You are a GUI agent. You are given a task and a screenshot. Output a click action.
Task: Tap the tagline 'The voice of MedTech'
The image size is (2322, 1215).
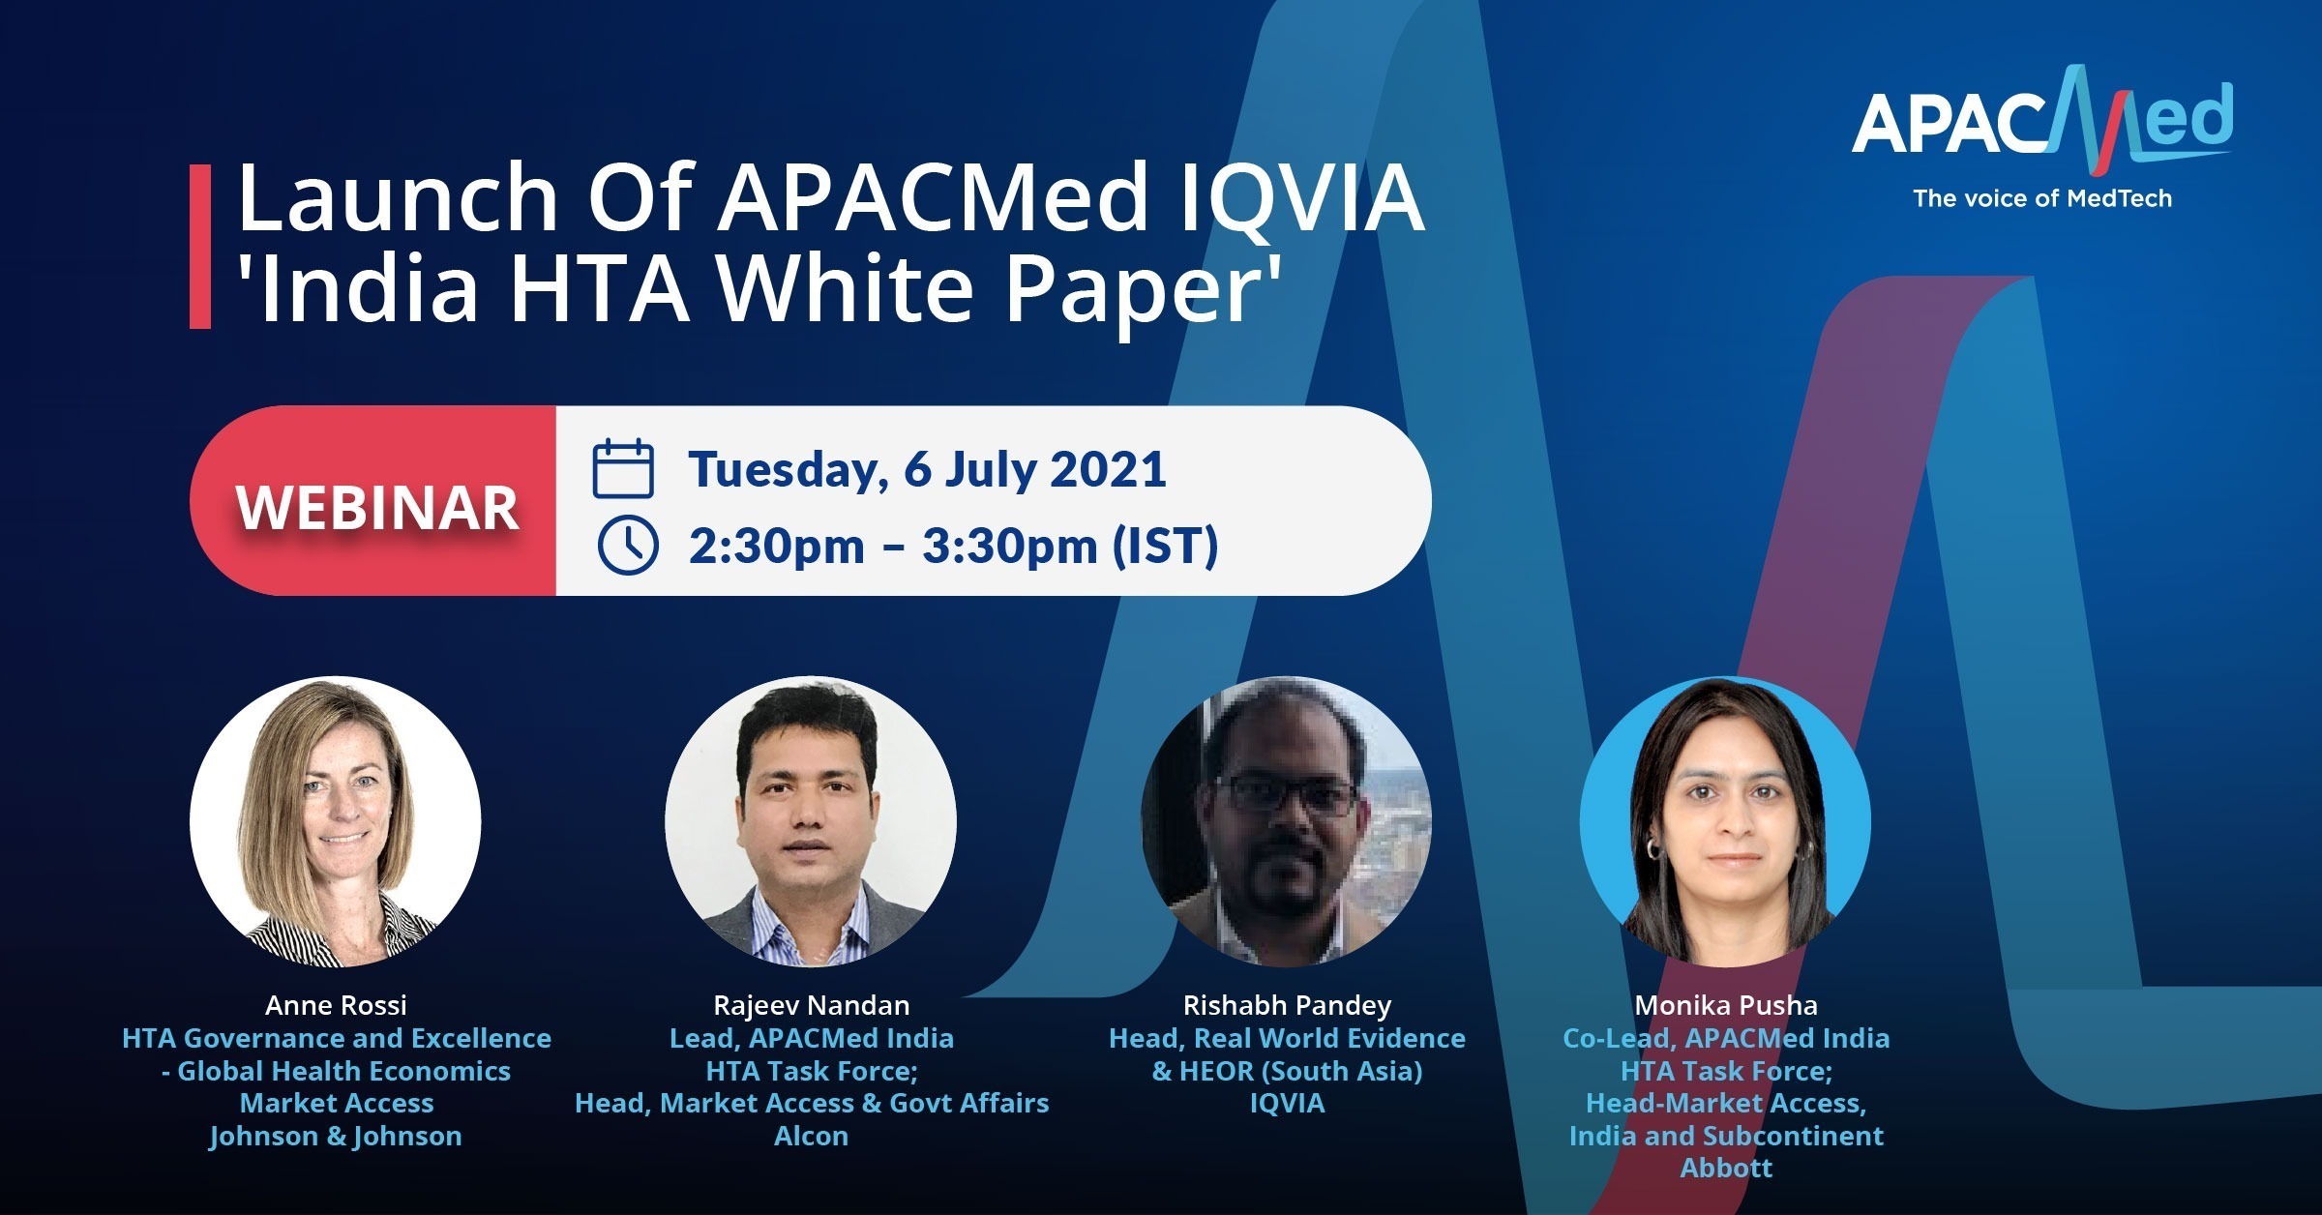2042,198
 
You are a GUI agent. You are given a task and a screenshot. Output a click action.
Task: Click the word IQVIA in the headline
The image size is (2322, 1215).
1302,198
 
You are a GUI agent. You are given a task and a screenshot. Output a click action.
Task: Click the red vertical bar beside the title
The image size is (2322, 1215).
200,247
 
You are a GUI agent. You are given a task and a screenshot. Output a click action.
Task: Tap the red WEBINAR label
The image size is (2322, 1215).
377,507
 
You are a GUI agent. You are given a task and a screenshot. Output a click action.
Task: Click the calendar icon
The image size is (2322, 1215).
623,468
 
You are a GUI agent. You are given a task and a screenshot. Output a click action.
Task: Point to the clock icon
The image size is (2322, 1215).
628,546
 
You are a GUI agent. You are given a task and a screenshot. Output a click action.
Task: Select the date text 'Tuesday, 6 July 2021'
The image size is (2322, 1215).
927,470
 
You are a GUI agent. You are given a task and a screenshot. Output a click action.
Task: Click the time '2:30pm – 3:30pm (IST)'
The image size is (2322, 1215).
953,547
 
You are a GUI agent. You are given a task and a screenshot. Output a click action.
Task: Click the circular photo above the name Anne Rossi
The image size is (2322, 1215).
336,821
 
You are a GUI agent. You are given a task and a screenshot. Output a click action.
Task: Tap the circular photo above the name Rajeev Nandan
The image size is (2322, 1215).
811,821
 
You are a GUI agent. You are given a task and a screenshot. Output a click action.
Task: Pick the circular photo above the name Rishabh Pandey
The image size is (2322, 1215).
1287,821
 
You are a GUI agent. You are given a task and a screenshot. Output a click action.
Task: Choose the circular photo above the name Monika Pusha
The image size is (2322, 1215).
1725,821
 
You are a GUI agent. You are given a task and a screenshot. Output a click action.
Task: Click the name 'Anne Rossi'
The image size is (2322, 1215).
336,1005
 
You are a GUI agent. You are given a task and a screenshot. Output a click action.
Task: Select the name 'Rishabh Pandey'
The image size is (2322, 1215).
1287,1006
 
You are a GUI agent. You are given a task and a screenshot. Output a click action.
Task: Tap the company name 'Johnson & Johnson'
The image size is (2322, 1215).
336,1136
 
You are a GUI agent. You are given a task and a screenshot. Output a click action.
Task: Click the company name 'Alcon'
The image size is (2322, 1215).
811,1136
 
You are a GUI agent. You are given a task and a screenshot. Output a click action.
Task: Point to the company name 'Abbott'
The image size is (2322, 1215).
1726,1168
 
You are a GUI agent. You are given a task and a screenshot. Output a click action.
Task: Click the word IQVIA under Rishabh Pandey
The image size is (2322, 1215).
1287,1104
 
